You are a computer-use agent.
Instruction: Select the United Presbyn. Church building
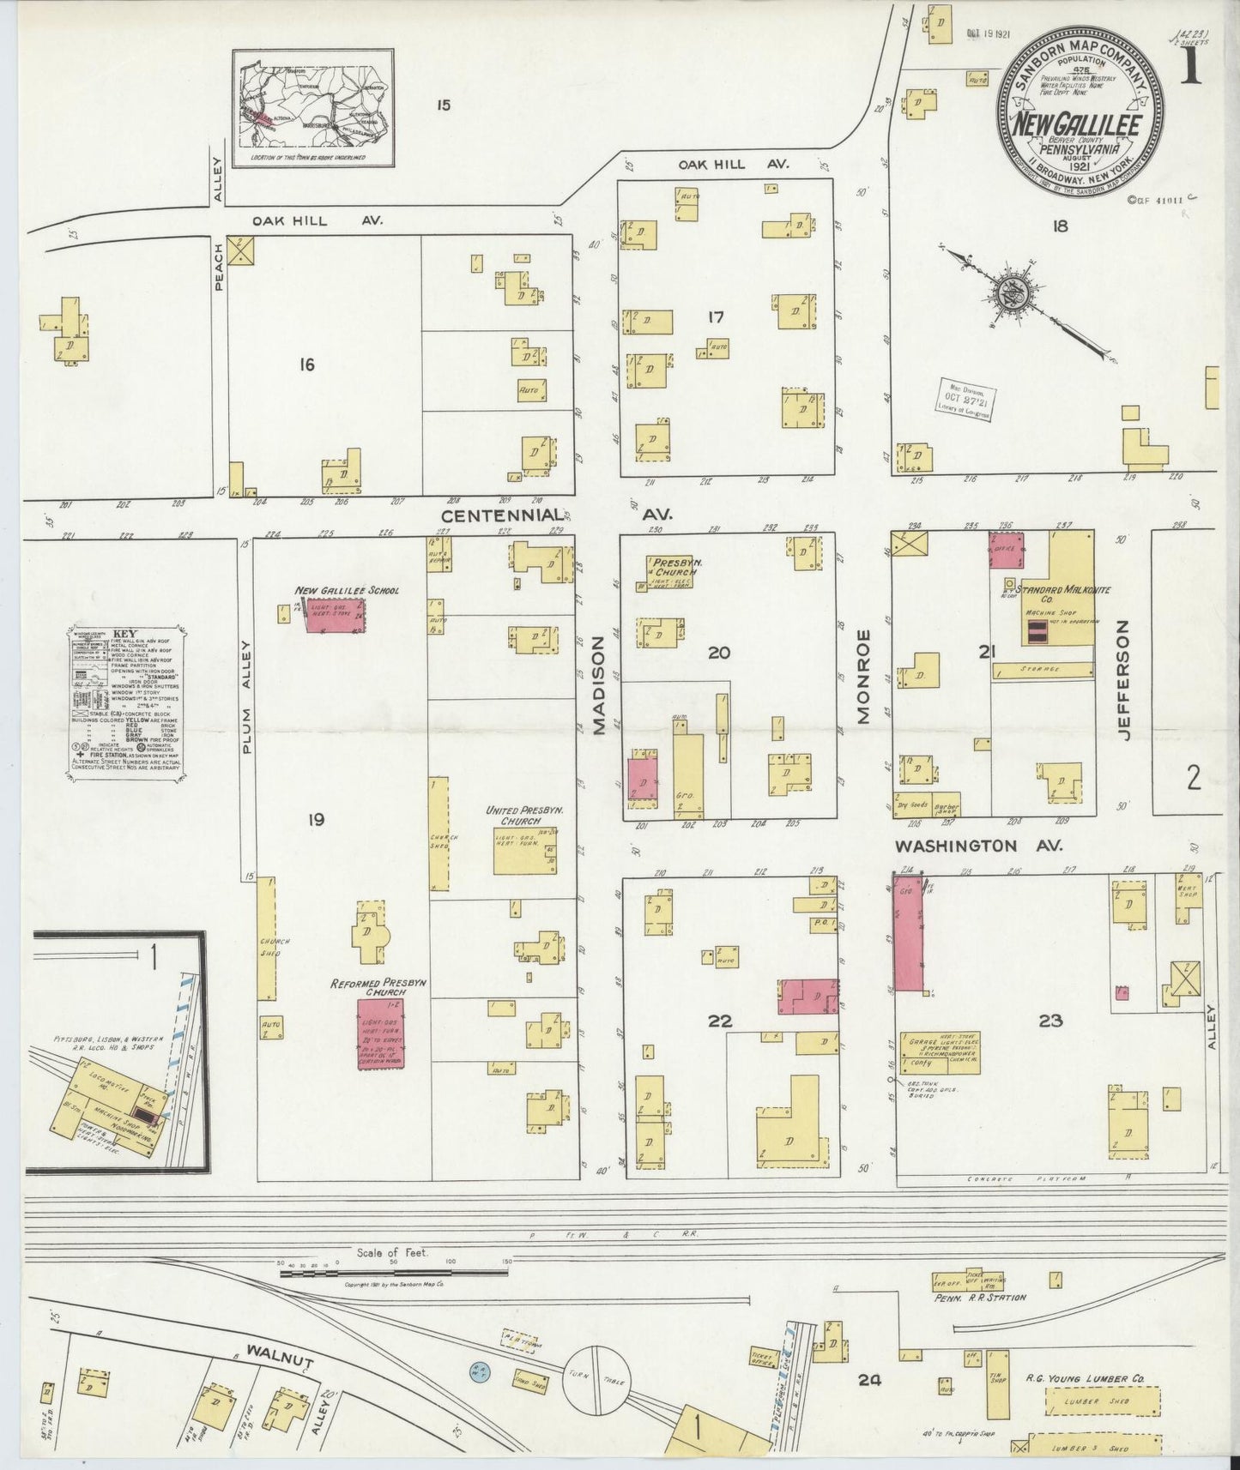(x=525, y=850)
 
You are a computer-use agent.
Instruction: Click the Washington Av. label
(x=978, y=846)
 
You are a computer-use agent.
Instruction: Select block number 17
(x=715, y=317)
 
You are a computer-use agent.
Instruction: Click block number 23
(x=1050, y=1021)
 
